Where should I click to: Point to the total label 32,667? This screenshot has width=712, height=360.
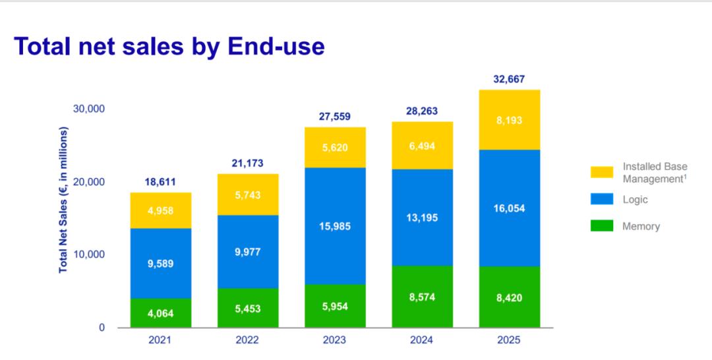point(510,80)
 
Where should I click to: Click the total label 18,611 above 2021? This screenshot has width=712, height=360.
point(161,182)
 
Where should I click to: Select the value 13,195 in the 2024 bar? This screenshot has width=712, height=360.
point(423,218)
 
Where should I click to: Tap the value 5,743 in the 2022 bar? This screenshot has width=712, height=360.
point(248,195)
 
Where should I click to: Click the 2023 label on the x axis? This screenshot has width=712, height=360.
point(335,340)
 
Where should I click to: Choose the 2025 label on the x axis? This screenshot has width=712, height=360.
point(510,340)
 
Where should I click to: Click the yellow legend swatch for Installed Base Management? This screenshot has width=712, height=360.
point(602,173)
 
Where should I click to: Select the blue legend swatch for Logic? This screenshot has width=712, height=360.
point(602,200)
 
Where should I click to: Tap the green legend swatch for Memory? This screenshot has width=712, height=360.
point(602,226)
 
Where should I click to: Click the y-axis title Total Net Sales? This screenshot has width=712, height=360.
point(63,200)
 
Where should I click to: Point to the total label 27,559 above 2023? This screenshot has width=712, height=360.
point(335,116)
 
